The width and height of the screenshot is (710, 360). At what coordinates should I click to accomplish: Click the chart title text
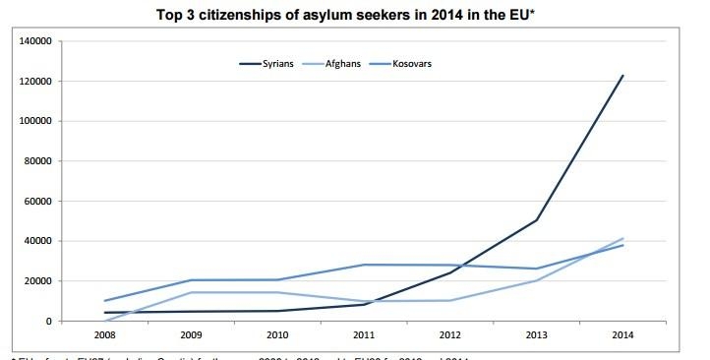(x=353, y=15)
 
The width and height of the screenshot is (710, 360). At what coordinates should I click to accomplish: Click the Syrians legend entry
(x=272, y=64)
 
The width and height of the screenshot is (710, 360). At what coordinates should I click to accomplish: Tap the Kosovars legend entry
(x=412, y=64)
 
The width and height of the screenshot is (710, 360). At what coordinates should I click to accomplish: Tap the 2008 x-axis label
(x=103, y=334)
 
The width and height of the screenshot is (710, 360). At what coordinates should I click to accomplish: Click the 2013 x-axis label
(x=535, y=334)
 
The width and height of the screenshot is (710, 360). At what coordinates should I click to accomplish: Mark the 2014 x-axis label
(x=621, y=334)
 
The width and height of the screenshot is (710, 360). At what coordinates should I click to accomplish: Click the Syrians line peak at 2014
(x=622, y=76)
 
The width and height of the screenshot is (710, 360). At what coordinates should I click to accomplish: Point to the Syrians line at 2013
(x=536, y=220)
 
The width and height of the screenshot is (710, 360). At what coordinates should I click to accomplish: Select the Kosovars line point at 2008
(x=103, y=301)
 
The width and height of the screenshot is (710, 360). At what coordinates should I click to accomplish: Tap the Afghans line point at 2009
(x=190, y=292)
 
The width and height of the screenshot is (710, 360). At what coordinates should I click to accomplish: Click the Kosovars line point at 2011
(x=363, y=265)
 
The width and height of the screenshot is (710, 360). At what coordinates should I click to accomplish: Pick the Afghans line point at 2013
(x=536, y=280)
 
